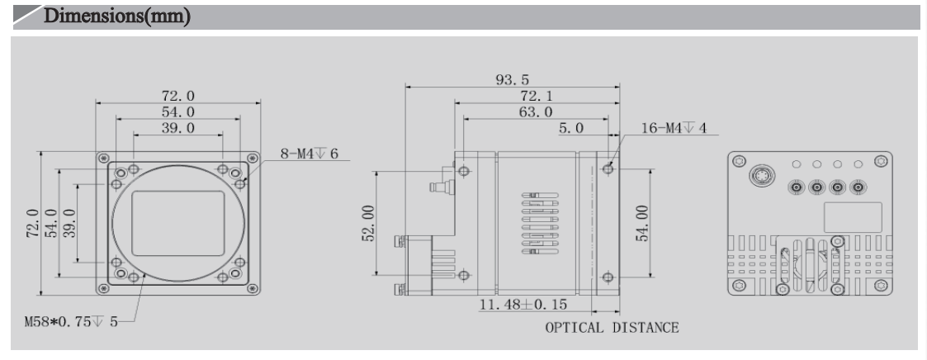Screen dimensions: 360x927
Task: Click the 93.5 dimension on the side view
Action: coord(512,80)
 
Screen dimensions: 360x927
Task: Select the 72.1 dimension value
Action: coord(536,97)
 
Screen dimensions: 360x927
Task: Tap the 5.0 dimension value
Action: coord(570,128)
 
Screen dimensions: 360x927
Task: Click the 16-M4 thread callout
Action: coord(674,128)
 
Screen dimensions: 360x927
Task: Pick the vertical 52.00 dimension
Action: coord(367,224)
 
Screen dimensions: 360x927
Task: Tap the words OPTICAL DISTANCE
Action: coord(612,328)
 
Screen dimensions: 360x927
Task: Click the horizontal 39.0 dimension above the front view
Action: coord(177,128)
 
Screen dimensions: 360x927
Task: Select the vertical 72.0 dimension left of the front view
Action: coord(31,223)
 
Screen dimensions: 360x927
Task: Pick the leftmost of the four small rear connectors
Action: coord(797,187)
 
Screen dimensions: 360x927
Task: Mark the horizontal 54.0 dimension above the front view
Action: coord(177,111)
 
